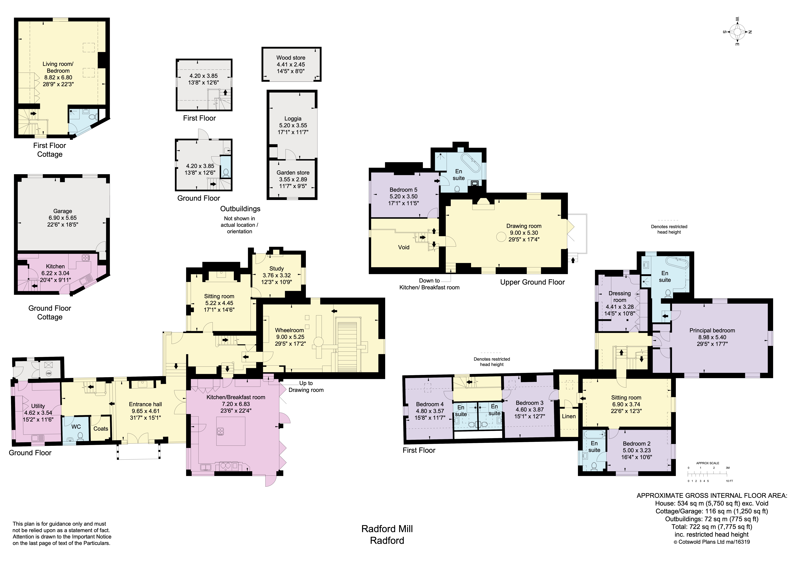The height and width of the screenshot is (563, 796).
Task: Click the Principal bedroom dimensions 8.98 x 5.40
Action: coord(712,337)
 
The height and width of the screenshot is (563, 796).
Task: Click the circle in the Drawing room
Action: coord(501,237)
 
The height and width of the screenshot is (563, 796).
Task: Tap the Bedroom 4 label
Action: coord(430,404)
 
